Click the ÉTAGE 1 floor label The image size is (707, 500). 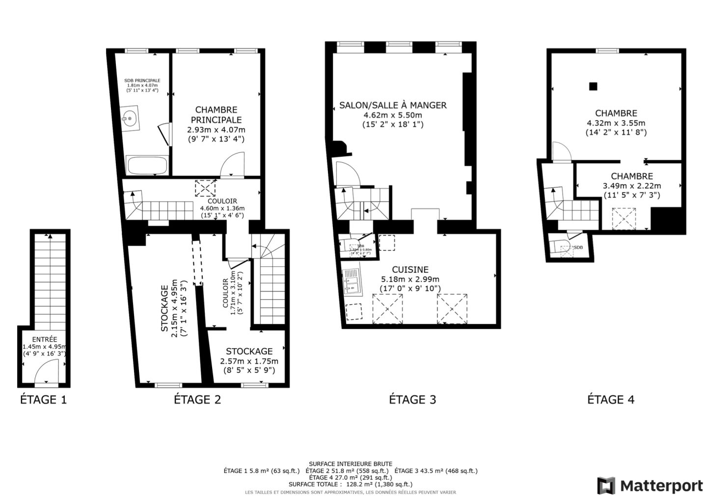(43, 399)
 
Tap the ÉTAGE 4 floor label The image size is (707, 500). (611, 399)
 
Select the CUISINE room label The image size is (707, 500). (410, 269)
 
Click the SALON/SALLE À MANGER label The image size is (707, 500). (393, 105)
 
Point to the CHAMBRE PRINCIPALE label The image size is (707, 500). (216, 115)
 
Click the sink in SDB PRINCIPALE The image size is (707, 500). (130, 118)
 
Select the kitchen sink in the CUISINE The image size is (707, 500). (353, 282)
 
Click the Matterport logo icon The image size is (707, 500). (606, 486)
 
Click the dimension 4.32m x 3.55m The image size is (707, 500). (616, 123)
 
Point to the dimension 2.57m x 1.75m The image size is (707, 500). (249, 361)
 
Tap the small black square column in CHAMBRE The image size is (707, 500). (593, 87)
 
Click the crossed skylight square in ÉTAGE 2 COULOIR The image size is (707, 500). (205, 188)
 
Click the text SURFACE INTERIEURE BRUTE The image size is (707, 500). (350, 464)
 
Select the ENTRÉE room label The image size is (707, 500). (45, 339)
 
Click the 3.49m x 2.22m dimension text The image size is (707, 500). (631, 186)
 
